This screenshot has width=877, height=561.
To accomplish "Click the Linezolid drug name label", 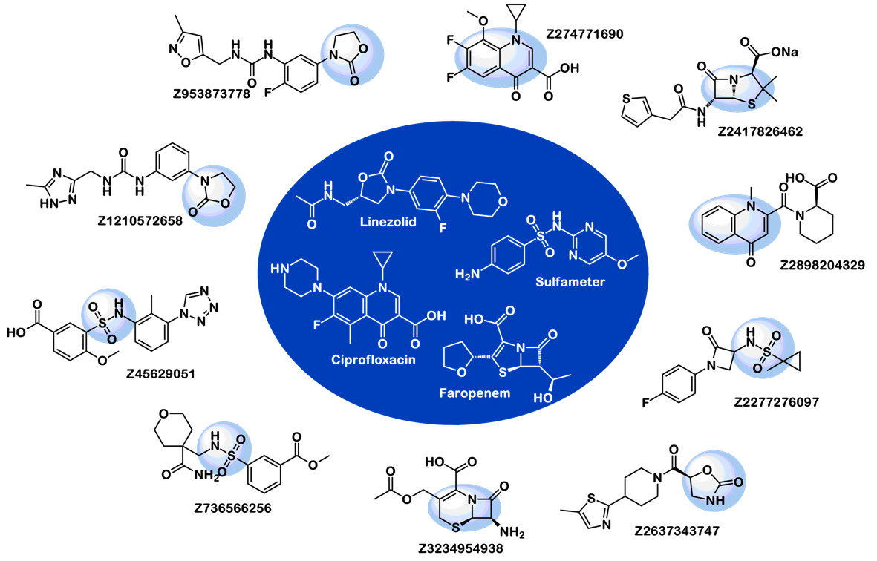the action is (x=388, y=222).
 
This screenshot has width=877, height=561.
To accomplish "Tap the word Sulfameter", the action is (x=570, y=282).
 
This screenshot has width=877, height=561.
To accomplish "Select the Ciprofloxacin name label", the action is (x=373, y=360).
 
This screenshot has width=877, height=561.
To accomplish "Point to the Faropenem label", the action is (x=475, y=393).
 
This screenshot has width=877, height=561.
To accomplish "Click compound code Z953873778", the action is (x=212, y=93).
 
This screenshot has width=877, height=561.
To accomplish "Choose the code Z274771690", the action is (x=584, y=33).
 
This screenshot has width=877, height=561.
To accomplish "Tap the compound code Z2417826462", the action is (x=760, y=131).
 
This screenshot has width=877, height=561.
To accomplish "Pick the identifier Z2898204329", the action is (x=822, y=265).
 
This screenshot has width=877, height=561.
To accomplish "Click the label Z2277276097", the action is (x=776, y=401).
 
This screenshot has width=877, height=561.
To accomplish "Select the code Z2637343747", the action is (x=677, y=531).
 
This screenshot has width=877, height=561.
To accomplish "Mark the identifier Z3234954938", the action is (x=460, y=548).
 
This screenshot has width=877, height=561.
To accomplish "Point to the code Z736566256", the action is (x=232, y=508).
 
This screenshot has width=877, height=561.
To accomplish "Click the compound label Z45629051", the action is (x=160, y=374).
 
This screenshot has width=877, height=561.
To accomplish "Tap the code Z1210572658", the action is (x=140, y=220).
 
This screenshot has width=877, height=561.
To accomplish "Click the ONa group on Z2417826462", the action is (x=784, y=52).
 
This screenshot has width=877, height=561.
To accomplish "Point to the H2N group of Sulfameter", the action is (x=467, y=274).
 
